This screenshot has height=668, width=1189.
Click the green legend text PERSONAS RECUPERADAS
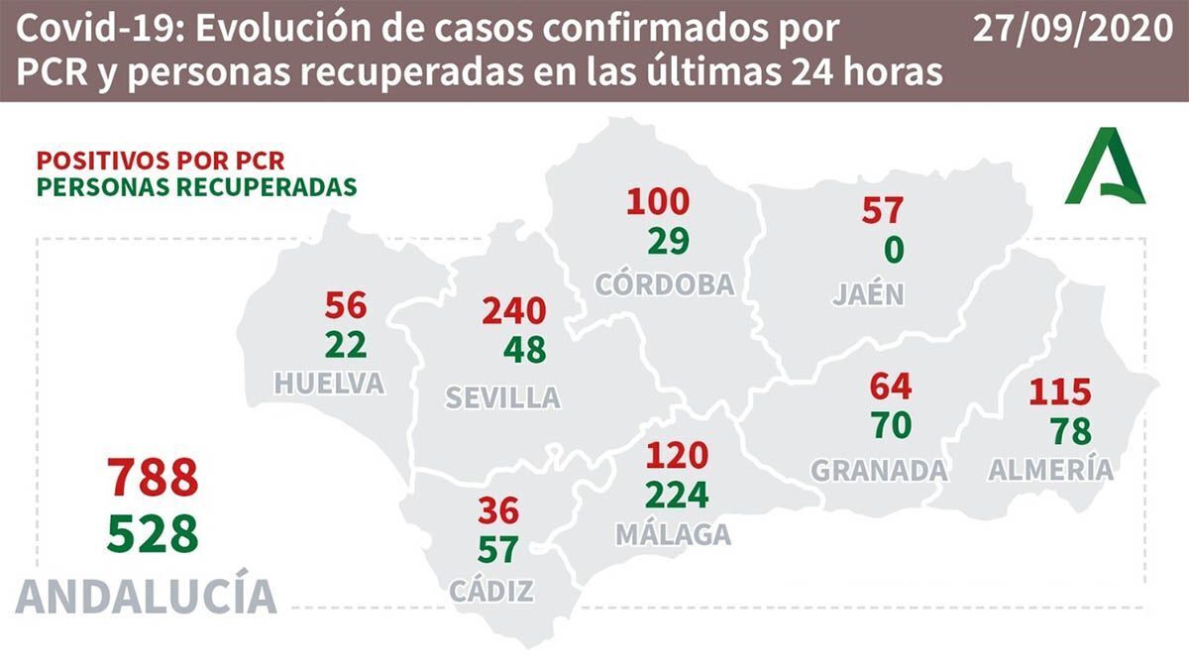point(196,185)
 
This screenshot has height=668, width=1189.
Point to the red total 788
point(154,479)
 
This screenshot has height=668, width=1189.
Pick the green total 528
point(154,536)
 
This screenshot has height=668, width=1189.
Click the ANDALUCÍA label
point(146,596)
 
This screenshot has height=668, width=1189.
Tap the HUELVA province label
point(330,384)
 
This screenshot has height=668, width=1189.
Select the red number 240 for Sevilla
point(513,311)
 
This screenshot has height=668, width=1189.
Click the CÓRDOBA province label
point(665,284)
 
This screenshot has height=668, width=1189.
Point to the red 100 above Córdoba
point(657,202)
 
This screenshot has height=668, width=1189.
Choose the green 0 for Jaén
point(893,251)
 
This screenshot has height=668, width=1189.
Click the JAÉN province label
point(868,294)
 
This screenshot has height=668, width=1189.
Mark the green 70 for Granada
point(890,425)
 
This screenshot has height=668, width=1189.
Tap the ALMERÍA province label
point(1050,470)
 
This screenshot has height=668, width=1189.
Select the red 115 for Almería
point(1059,391)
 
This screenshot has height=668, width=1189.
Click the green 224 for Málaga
point(677,493)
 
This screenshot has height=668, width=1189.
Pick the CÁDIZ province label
point(491,592)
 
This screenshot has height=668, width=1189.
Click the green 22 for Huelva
point(345,344)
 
